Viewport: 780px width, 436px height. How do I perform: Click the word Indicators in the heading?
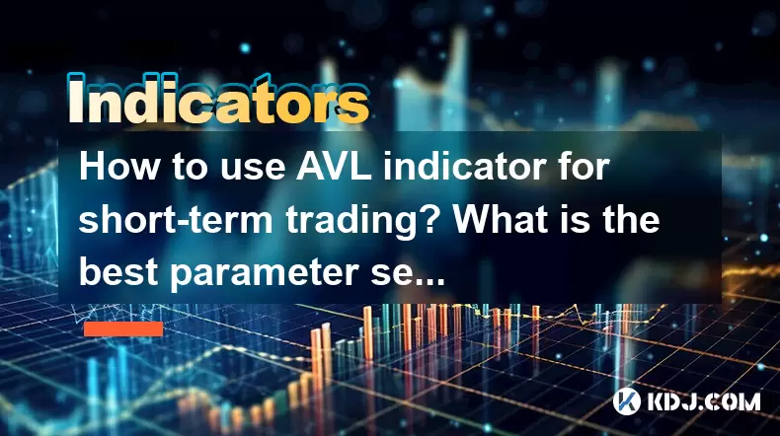click(x=218, y=99)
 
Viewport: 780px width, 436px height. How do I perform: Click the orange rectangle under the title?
click(x=123, y=329)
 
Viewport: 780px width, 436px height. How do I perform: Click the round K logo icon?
click(x=626, y=401)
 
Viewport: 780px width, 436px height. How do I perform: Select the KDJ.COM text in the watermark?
click(x=703, y=401)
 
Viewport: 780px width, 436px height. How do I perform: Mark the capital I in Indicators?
click(x=75, y=100)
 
